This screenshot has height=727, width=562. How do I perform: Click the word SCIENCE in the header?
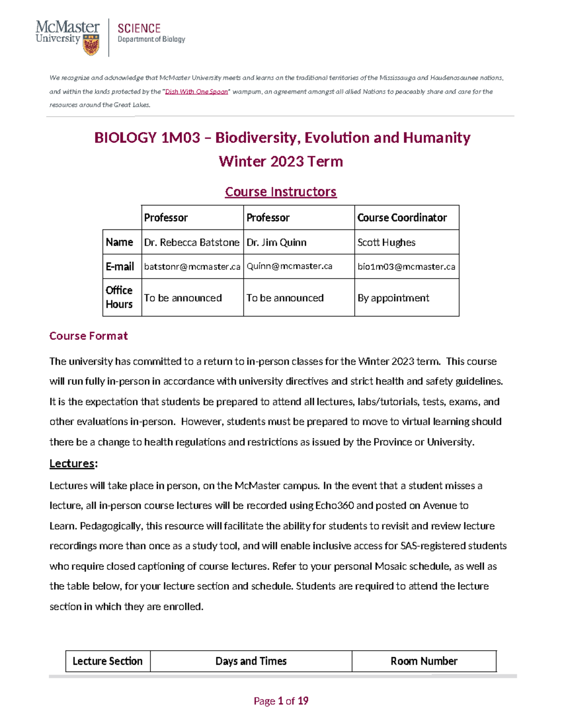[139, 28]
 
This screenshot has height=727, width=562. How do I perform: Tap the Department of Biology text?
[151, 39]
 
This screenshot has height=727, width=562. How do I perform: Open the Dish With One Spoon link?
[196, 92]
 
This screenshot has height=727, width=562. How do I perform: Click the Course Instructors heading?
[281, 192]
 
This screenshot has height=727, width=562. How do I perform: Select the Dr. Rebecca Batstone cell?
[192, 242]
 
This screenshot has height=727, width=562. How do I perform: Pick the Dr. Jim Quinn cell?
[276, 242]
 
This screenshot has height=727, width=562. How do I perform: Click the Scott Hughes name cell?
[386, 242]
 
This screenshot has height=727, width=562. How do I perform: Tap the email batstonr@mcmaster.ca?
[192, 267]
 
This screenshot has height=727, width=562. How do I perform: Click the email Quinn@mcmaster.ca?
[289, 266]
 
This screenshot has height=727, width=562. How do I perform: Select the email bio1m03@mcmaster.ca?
[406, 267]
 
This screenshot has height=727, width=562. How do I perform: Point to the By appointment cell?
[393, 298]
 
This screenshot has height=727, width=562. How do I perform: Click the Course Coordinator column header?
[402, 218]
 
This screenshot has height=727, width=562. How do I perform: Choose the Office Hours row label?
[119, 297]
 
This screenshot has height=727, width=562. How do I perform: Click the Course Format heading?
[89, 336]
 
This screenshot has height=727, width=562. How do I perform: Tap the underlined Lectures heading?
[72, 463]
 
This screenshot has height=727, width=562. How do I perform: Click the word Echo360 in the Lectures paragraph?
[334, 506]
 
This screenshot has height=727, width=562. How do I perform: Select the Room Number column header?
[424, 661]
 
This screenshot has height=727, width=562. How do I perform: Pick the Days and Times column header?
[251, 661]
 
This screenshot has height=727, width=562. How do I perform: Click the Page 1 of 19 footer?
[281, 701]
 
